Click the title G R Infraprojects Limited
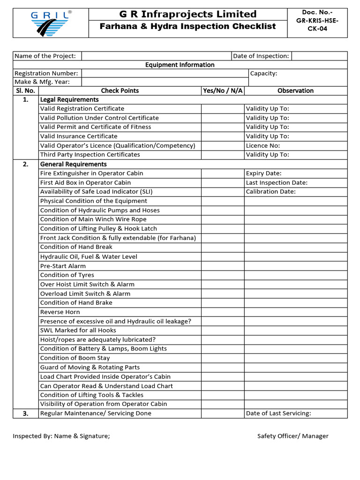click(x=187, y=14)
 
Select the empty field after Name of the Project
click(x=156, y=56)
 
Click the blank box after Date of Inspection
click(x=319, y=56)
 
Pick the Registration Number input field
click(x=165, y=74)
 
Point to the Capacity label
click(x=263, y=74)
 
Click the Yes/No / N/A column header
click(x=223, y=91)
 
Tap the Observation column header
click(x=295, y=91)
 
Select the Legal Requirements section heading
click(x=69, y=100)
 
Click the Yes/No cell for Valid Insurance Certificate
click(x=223, y=136)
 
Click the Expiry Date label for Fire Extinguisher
click(x=263, y=173)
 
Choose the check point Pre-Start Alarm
click(x=63, y=266)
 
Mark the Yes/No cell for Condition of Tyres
click(x=223, y=275)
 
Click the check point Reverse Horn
click(x=60, y=312)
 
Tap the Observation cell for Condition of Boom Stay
click(x=295, y=358)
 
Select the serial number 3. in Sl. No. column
click(x=26, y=413)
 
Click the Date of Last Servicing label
click(x=278, y=413)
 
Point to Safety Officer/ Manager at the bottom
click(x=292, y=436)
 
